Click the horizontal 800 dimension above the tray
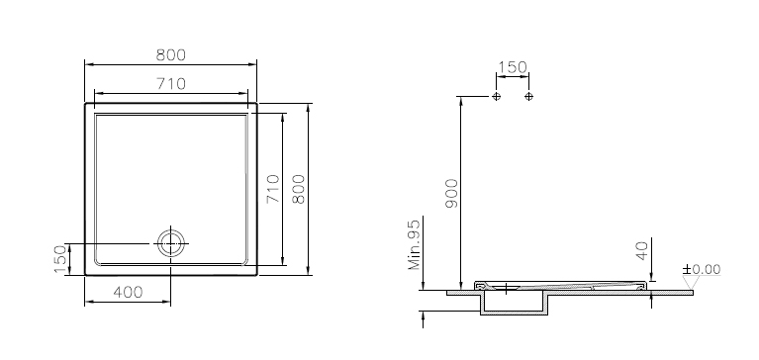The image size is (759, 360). coord(171,55)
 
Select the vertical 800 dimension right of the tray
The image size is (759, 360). coord(299,189)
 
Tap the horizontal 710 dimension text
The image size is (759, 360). coord(171,84)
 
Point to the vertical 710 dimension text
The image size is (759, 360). coord(273,189)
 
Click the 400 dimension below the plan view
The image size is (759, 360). coord(128,293)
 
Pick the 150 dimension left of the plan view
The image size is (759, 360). coord(60,259)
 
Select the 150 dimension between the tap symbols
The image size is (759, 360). coord(513,67)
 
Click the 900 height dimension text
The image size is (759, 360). coord(451,194)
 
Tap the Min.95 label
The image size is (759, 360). coord(415,243)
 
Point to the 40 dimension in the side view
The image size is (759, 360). coord(642,251)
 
